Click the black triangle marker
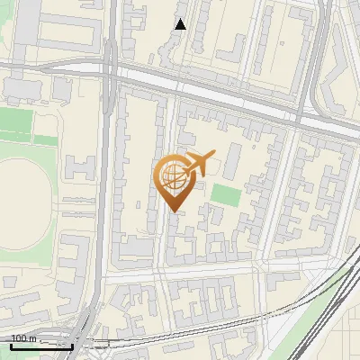(181, 24)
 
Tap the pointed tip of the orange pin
(172, 211)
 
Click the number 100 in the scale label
(20, 338)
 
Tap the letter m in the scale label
(33, 338)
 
